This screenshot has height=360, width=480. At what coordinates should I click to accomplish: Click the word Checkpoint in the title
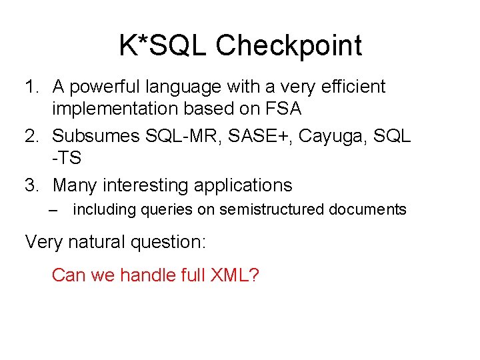289,46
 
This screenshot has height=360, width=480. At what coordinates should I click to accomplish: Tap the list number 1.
31,87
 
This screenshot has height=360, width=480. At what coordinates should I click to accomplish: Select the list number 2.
31,136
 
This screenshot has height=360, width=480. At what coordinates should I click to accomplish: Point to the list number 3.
31,185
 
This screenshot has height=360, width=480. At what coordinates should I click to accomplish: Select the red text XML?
233,274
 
